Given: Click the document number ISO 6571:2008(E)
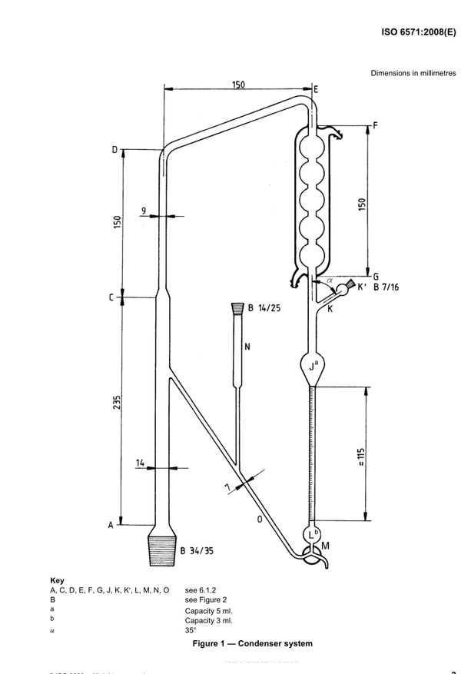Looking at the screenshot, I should pyautogui.click(x=419, y=33).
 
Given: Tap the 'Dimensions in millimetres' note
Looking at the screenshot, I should pyautogui.click(x=413, y=73).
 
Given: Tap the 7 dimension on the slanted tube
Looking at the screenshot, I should pyautogui.click(x=228, y=487).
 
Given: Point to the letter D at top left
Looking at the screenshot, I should pyautogui.click(x=114, y=150).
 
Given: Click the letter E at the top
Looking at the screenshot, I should pyautogui.click(x=316, y=90).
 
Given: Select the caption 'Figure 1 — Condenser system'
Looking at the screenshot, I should pyautogui.click(x=252, y=643).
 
